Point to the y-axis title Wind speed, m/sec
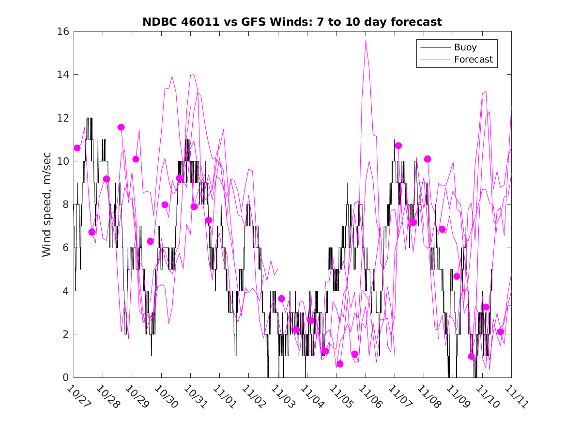(x=46, y=204)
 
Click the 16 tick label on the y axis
(x=63, y=31)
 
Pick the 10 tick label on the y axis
(x=63, y=161)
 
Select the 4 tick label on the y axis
(x=66, y=291)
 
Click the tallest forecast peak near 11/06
(x=366, y=41)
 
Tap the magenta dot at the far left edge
(x=77, y=148)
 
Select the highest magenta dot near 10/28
(x=121, y=127)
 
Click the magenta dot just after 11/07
(x=398, y=145)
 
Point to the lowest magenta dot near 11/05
(x=340, y=364)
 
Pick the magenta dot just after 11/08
(x=428, y=159)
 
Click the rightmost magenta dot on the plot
(x=501, y=331)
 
